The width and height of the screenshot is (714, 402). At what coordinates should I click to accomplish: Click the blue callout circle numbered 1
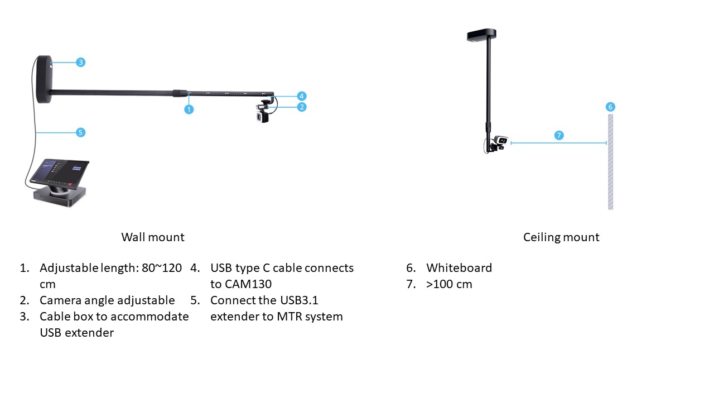189,109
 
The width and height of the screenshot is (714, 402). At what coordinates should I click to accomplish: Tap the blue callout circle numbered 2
302,107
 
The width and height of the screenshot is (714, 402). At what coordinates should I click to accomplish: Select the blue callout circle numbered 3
81,62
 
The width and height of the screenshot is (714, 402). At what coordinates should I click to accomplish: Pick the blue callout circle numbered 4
302,95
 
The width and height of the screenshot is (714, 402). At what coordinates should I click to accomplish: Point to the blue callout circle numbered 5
81,132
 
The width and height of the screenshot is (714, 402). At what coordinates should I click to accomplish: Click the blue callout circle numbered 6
610,107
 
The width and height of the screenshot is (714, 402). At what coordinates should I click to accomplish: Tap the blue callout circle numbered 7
559,135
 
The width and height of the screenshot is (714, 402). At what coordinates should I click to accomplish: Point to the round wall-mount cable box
44,79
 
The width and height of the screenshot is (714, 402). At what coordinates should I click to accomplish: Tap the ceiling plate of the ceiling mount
481,35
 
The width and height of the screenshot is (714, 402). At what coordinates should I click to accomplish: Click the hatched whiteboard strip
610,162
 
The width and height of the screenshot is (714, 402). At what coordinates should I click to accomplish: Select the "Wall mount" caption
153,237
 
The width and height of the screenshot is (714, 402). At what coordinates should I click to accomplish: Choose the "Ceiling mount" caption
561,237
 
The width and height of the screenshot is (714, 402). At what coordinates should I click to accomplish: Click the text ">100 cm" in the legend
449,284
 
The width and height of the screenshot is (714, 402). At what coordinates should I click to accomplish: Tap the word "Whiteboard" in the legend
459,267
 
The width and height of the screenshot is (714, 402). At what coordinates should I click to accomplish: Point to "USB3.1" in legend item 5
299,300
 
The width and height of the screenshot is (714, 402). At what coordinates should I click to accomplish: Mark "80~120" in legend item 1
162,267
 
